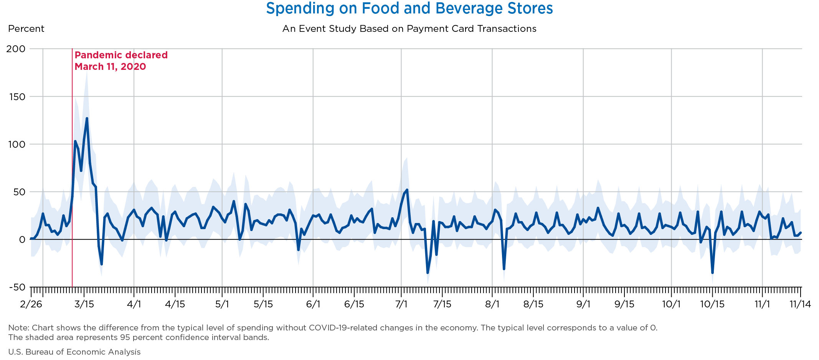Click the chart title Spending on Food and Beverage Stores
409,8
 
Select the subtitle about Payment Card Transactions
409,29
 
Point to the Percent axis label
26,29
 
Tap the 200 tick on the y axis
16,49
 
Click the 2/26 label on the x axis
31,304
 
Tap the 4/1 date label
134,304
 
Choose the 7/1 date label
401,304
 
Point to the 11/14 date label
800,304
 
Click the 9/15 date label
624,304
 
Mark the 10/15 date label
712,304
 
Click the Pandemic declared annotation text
121,61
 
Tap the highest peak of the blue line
87,119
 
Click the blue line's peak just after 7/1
407,190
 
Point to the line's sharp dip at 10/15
712,272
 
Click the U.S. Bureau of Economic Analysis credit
74,352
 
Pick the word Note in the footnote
16,328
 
